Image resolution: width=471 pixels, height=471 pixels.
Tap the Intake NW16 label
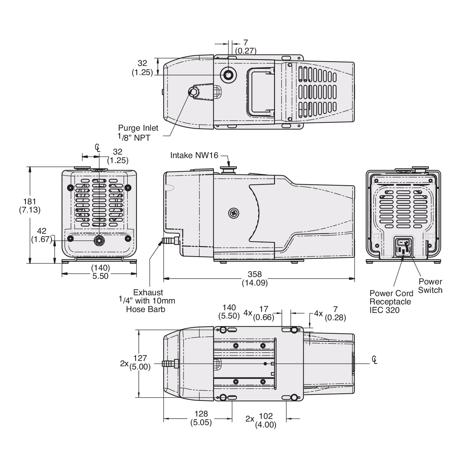point(194,155)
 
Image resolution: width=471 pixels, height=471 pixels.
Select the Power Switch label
point(430,286)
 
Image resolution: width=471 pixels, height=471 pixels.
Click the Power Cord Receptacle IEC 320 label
point(391,302)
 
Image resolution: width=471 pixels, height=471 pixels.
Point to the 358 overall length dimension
point(255,278)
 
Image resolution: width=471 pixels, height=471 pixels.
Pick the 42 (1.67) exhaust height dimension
point(42,235)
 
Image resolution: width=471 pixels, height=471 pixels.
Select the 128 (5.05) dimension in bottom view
point(201,418)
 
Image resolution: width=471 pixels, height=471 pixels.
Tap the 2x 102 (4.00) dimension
point(261,420)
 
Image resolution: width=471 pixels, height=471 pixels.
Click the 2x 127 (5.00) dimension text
point(135,362)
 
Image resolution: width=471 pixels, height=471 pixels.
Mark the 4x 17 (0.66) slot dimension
point(259,313)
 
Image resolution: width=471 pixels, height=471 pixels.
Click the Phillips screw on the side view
point(233,213)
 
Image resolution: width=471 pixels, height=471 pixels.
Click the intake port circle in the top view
point(228,75)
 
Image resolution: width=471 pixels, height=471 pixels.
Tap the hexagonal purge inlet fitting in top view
point(194,92)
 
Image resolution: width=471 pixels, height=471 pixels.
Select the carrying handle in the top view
point(260,92)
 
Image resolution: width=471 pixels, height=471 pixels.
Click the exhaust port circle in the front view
point(99,241)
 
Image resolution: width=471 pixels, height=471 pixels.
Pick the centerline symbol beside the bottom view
point(374,360)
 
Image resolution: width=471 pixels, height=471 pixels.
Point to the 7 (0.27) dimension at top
point(246,47)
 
